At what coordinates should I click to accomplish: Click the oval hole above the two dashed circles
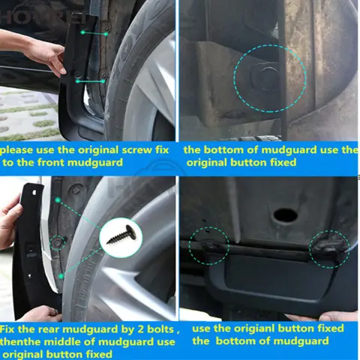tap(285, 215)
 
